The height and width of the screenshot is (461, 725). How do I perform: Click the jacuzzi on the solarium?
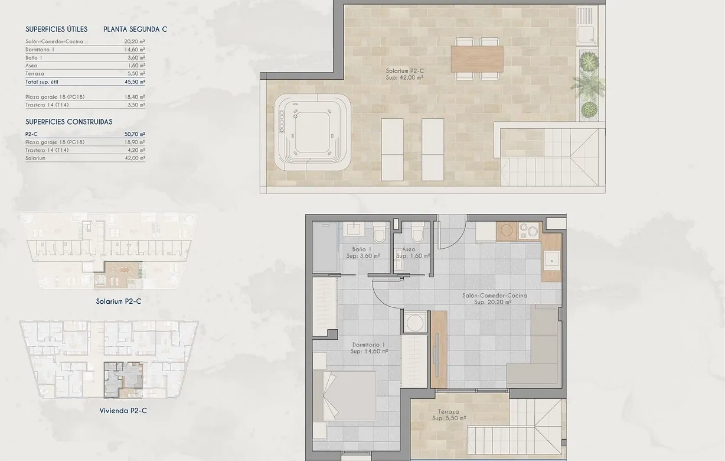(x=312, y=132)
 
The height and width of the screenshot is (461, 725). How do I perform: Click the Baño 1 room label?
(x=362, y=253)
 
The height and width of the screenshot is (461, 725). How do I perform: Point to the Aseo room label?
(x=412, y=253)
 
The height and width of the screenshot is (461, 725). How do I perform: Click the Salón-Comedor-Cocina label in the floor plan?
(x=492, y=298)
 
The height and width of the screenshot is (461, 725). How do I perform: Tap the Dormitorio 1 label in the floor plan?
(x=368, y=348)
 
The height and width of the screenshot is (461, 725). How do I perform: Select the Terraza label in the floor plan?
(x=449, y=415)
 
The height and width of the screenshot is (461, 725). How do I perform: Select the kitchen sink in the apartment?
(x=552, y=259)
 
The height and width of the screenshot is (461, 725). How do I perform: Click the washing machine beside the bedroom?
(x=414, y=323)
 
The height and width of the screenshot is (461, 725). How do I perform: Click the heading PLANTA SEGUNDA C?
(x=135, y=29)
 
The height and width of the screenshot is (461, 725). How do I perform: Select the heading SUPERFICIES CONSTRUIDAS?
(x=69, y=122)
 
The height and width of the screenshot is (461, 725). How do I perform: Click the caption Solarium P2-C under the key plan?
(x=119, y=301)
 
